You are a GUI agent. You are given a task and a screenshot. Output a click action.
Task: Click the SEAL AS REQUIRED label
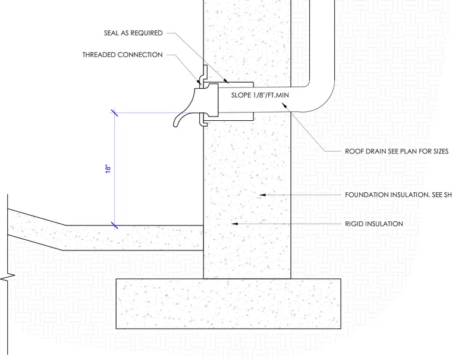(133, 33)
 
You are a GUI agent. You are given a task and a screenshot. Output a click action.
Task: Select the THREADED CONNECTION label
(123, 55)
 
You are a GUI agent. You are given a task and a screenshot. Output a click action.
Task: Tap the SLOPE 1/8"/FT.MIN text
(260, 95)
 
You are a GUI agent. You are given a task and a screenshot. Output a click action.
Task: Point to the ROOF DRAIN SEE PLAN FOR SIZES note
(397, 151)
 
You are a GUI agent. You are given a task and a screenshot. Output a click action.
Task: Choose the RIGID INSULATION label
(374, 224)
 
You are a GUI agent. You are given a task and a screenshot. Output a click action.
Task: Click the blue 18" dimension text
(108, 169)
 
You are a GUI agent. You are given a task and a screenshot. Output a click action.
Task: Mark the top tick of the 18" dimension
(114, 112)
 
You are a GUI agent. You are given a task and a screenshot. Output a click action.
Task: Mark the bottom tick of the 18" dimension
(114, 226)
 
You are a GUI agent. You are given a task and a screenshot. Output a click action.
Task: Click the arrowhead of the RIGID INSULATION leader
(235, 224)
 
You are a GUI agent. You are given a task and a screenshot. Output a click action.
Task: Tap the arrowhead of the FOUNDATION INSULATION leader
(262, 195)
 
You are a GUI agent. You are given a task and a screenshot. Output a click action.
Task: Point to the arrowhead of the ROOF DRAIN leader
(284, 105)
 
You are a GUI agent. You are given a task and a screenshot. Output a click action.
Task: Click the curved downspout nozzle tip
(175, 124)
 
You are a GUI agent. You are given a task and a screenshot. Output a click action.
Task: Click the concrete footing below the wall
(228, 303)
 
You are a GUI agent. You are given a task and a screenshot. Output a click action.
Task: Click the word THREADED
(99, 55)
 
